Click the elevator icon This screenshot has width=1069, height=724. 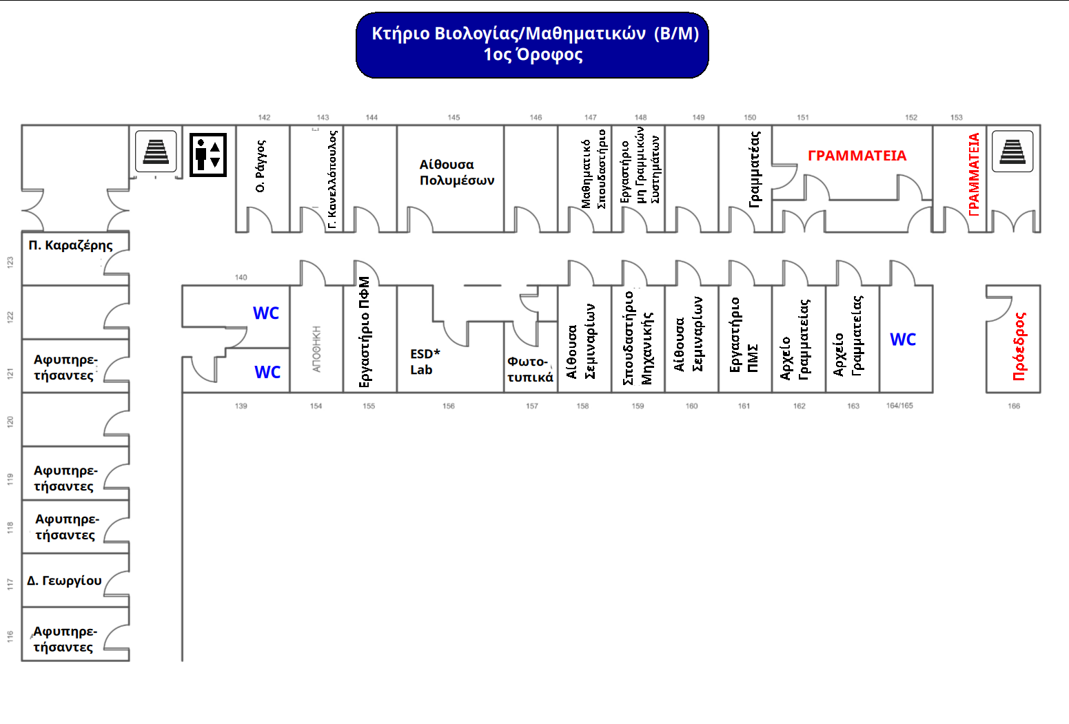pyautogui.click(x=208, y=155)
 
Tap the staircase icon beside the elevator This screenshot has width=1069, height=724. pyautogui.click(x=156, y=151)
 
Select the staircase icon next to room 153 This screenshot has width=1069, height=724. pyautogui.click(x=1012, y=151)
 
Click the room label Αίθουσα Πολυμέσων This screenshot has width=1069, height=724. pyautogui.click(x=457, y=172)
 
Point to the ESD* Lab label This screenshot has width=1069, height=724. pyautogui.click(x=425, y=362)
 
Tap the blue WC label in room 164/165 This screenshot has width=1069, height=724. pyautogui.click(x=903, y=340)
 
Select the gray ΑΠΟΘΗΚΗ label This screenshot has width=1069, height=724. pyautogui.click(x=316, y=349)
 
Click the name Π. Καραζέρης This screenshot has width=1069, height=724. pyautogui.click(x=70, y=246)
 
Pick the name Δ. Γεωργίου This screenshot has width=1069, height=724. pyautogui.click(x=64, y=581)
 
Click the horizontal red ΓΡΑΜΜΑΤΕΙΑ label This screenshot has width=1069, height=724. pyautogui.click(x=857, y=156)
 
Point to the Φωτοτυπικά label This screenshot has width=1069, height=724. pyautogui.click(x=530, y=369)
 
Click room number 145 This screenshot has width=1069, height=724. pyautogui.click(x=454, y=117)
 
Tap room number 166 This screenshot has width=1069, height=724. pyautogui.click(x=1014, y=406)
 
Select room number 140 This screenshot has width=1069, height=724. pyautogui.click(x=241, y=277)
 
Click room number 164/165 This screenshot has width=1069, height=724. pyautogui.click(x=899, y=406)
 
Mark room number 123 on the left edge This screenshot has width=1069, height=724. pyautogui.click(x=10, y=262)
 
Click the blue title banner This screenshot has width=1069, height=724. pyautogui.click(x=532, y=45)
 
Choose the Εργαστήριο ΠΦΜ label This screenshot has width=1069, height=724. pyautogui.click(x=364, y=332)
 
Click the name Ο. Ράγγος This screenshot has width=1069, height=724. pyautogui.click(x=261, y=166)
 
